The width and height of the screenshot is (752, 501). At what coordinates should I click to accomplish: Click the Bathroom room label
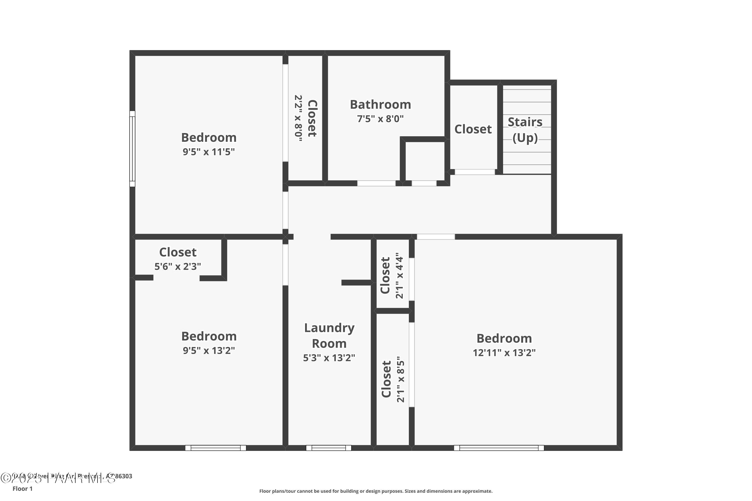(380, 104)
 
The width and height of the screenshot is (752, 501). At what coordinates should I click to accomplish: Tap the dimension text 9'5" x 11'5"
(209, 152)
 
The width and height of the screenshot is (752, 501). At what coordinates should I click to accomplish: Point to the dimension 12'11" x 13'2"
(504, 353)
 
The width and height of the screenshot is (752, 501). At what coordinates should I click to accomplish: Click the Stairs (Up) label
(525, 130)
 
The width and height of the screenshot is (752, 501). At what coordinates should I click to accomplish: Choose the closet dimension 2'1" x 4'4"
(400, 276)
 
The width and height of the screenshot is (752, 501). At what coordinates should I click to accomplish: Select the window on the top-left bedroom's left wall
(132, 149)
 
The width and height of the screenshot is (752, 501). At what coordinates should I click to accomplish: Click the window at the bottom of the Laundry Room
(328, 448)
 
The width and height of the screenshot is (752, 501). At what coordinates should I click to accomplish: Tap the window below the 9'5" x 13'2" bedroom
(216, 448)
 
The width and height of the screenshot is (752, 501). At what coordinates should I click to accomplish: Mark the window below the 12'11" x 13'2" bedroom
(499, 448)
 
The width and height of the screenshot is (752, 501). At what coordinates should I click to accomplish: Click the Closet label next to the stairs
(473, 129)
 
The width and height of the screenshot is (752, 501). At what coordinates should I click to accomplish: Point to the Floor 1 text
(22, 488)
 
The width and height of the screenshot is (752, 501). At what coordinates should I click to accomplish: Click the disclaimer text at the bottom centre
(376, 491)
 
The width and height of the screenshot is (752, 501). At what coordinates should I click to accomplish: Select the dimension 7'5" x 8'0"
(380, 119)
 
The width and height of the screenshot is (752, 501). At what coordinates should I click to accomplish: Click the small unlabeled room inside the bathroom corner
(424, 161)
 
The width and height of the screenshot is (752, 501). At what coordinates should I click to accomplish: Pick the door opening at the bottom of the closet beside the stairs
(475, 172)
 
